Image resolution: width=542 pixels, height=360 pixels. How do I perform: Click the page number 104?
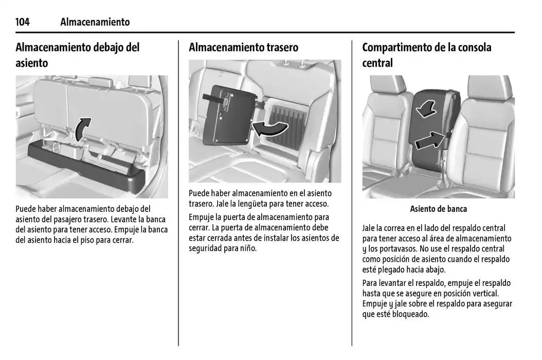[x=23, y=22]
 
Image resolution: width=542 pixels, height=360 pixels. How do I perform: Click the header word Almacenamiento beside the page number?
[x=95, y=22]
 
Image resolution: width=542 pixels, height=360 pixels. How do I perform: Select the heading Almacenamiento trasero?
[x=243, y=47]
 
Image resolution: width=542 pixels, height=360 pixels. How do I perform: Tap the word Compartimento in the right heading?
[x=396, y=47]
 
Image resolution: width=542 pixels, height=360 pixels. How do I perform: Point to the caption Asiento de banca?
[x=438, y=209]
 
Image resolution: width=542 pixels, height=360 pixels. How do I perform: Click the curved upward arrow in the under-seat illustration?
[x=83, y=129]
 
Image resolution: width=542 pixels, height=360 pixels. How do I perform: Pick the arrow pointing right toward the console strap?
[x=429, y=140]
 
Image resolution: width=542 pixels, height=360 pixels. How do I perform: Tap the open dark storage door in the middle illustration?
[x=229, y=116]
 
